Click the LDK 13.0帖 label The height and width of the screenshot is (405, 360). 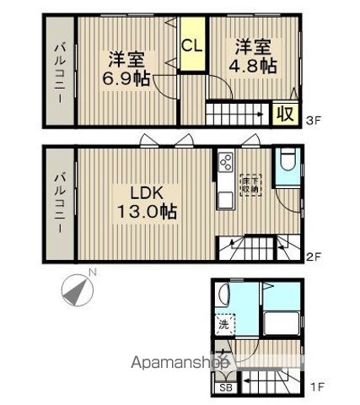pos(143,202)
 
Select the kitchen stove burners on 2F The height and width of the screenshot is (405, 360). pos(225,163)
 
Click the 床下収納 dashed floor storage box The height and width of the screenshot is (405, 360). pos(251,184)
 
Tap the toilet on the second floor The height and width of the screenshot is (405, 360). pos(285,162)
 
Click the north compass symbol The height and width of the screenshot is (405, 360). pos(77,291)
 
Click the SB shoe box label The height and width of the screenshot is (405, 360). pos(225,387)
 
